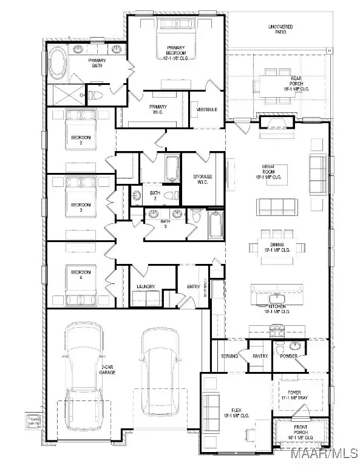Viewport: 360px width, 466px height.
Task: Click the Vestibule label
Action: coord(203,109)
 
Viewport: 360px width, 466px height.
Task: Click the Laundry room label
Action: coord(146,287)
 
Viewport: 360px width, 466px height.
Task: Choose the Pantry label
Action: coord(260,356)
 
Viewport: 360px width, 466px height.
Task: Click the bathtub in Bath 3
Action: coord(215,225)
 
